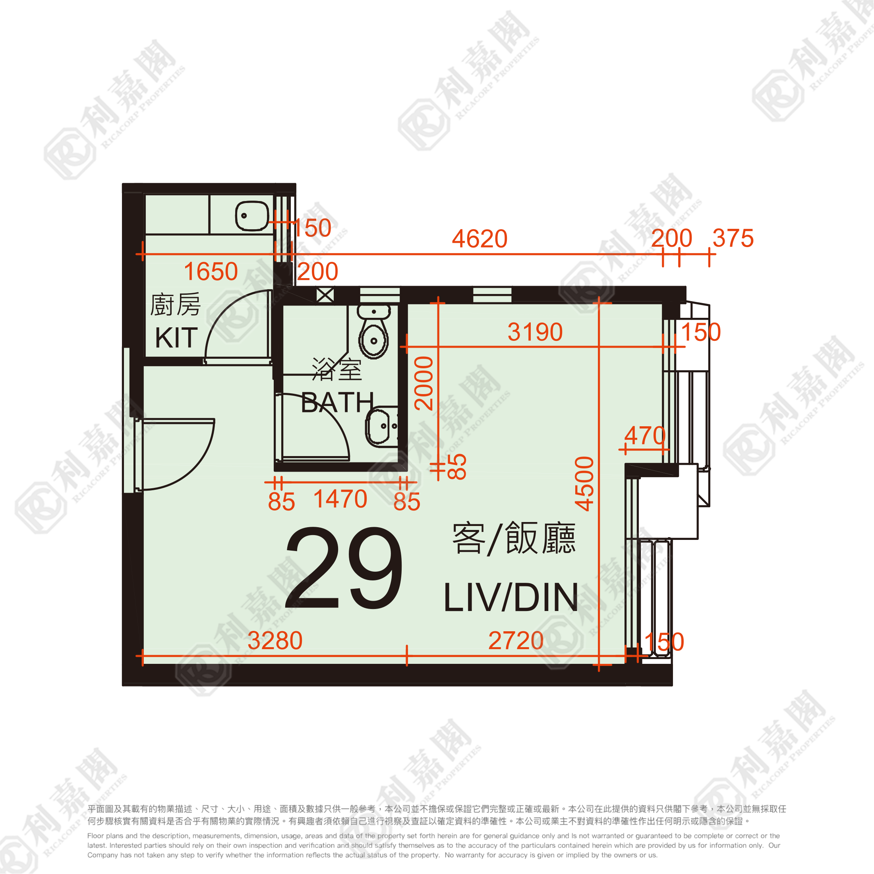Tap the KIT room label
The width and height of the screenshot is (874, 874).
[176, 337]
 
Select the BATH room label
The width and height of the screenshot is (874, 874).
[337, 402]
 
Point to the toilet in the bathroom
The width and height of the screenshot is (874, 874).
[374, 332]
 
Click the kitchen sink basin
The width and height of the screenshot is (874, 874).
[252, 216]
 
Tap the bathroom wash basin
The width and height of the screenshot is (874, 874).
[381, 427]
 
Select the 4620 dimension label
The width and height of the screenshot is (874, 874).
[480, 238]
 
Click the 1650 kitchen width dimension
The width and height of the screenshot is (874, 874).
[211, 271]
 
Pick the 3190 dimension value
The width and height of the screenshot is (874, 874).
[535, 332]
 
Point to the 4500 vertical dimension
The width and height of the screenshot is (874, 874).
[584, 483]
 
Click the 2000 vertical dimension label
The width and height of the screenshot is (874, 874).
[424, 383]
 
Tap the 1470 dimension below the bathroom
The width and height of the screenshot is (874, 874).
[340, 499]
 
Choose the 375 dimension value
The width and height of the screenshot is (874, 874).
[733, 238]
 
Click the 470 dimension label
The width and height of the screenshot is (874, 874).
[645, 436]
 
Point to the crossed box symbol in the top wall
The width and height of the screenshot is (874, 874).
[325, 295]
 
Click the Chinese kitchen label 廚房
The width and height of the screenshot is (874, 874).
[176, 304]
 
